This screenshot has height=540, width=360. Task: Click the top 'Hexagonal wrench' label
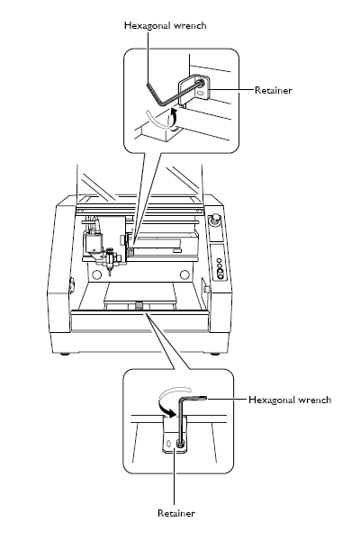[165, 25]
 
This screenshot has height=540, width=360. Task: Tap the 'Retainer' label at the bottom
[175, 512]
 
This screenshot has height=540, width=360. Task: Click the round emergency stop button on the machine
[216, 220]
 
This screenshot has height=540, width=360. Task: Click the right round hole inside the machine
[185, 274]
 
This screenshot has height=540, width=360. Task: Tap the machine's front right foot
[213, 352]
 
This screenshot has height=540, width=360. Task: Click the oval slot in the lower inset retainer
[168, 444]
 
